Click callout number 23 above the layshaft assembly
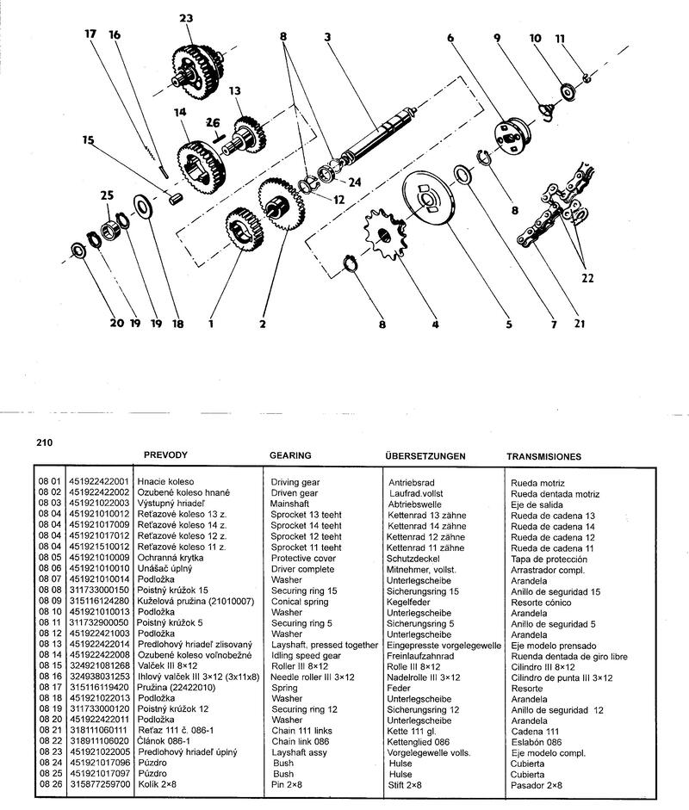pos(187,18)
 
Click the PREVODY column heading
pos(165,454)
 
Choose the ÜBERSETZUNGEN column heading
pos(427,455)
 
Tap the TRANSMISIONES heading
pos(543,456)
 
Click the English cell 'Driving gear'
pos(295,482)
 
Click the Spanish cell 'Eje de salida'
pos(538,504)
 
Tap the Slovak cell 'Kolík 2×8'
pos(160,786)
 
